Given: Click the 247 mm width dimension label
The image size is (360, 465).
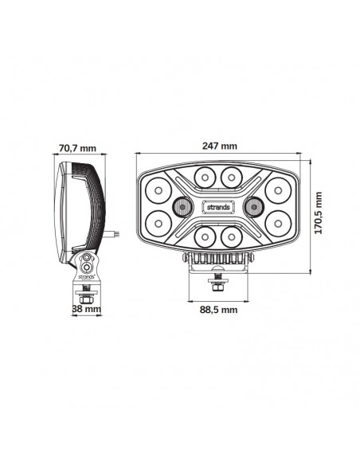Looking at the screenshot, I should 219,146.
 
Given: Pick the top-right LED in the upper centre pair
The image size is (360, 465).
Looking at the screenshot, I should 232,175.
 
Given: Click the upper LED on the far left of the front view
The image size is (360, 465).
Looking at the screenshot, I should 156,190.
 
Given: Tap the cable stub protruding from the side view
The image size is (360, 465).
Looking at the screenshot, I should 116,233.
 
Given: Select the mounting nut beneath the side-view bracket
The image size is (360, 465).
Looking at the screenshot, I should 85,292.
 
